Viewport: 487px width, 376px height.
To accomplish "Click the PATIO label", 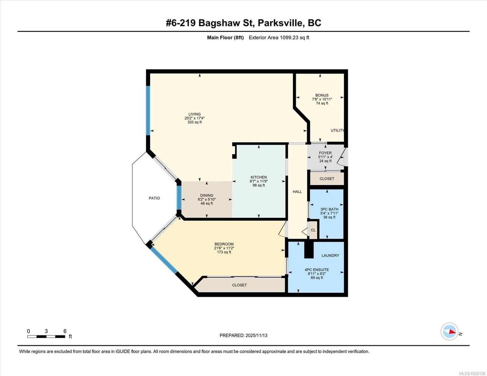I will click(x=154, y=198).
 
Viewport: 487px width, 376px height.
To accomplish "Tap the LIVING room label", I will click(x=194, y=114).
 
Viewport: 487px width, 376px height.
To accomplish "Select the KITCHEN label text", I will click(x=258, y=177).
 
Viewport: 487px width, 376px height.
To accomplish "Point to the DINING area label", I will click(x=207, y=195).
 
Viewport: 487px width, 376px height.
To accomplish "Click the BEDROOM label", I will click(x=224, y=244).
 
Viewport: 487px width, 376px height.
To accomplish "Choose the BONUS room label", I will click(x=322, y=95).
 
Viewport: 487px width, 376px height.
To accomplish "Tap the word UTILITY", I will click(x=337, y=130).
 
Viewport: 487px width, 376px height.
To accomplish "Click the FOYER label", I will click(x=325, y=153).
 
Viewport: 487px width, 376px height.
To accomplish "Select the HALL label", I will click(x=297, y=191).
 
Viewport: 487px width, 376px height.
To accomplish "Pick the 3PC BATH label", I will click(x=329, y=209).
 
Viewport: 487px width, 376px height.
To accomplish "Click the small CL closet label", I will click(x=313, y=230).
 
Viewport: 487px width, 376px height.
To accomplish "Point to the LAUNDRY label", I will click(x=330, y=255).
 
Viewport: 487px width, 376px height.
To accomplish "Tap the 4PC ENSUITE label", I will click(x=317, y=269).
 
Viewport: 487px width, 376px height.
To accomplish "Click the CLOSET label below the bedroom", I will click(x=239, y=285).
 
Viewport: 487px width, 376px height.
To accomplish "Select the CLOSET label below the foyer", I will click(x=327, y=179).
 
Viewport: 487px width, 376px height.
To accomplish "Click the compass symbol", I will click(x=449, y=331).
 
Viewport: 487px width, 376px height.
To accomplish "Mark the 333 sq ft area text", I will click(x=194, y=122).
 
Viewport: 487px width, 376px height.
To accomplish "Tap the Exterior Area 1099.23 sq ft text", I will click(x=279, y=38).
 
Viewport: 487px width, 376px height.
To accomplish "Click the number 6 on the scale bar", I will click(x=65, y=331).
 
